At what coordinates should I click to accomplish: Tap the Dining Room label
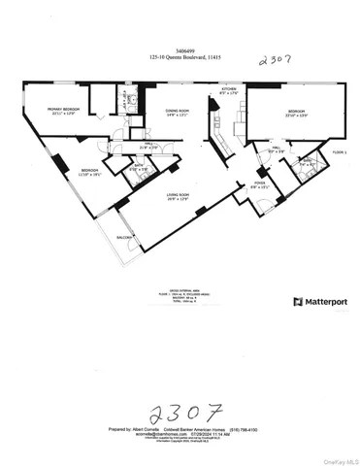(175, 112)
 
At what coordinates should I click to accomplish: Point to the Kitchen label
(228, 89)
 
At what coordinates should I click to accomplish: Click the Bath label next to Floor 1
(304, 163)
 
